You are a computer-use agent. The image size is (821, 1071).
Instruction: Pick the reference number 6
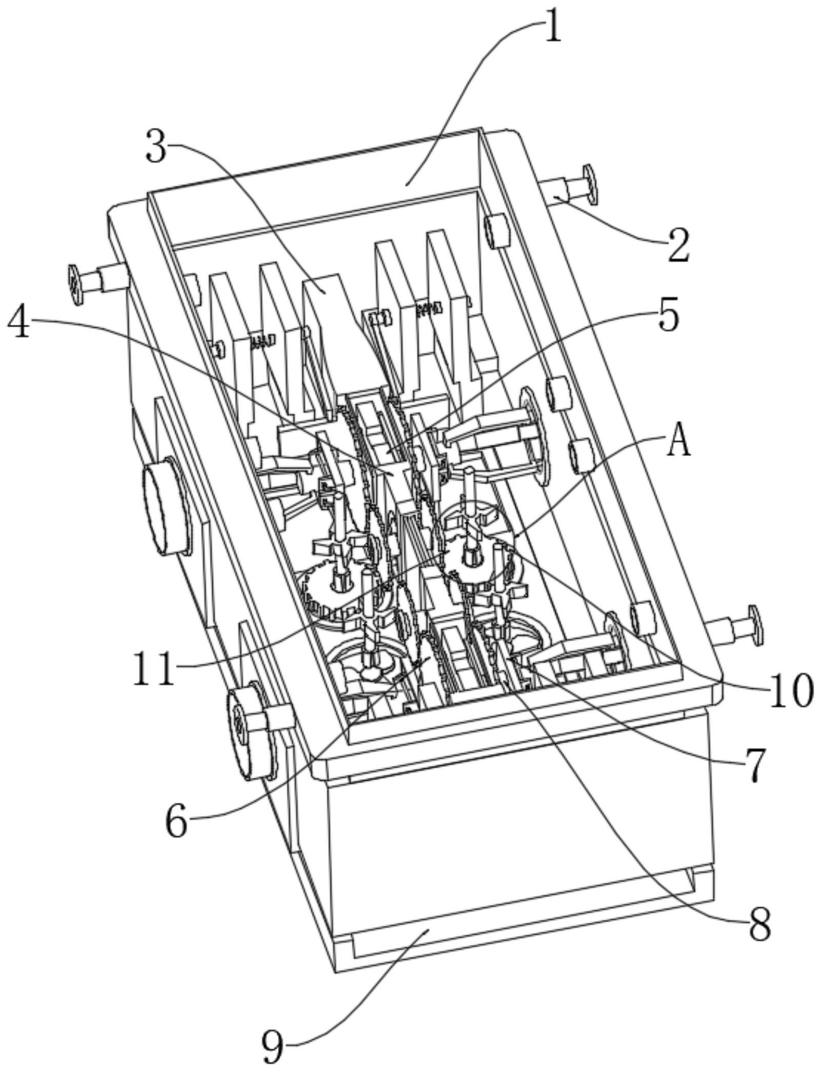click(176, 820)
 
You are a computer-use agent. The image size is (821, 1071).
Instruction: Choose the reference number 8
click(759, 923)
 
